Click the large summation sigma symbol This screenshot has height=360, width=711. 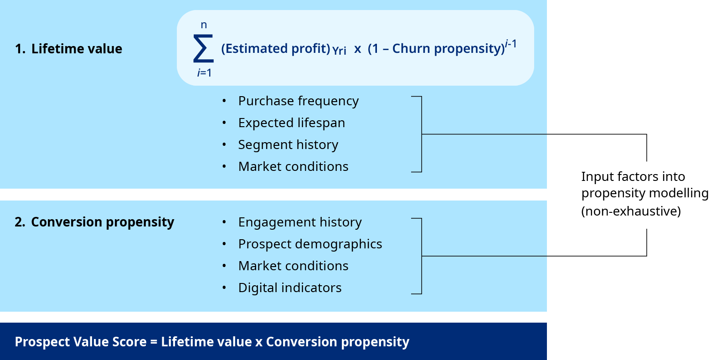point(203,49)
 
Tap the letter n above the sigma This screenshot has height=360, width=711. point(204,25)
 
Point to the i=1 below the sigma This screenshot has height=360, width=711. point(204,73)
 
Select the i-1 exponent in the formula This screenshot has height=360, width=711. point(511,43)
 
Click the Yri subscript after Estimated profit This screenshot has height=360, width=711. point(339,51)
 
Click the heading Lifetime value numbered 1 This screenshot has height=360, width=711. point(68,49)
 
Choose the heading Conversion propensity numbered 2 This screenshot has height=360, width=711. point(95,222)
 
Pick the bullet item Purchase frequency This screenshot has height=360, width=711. point(299,101)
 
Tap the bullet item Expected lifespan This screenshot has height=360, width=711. point(292,123)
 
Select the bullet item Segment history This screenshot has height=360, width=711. point(288,145)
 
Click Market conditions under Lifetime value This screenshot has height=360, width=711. point(294,166)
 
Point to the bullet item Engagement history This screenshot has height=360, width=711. point(300,222)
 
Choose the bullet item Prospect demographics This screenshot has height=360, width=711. point(310,244)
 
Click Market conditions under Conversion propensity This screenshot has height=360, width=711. point(294,266)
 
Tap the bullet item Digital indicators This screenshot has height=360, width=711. point(290,288)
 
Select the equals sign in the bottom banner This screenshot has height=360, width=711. point(154,342)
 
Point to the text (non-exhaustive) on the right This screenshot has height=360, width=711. point(631,211)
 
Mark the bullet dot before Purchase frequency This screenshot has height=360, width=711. point(224,101)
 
